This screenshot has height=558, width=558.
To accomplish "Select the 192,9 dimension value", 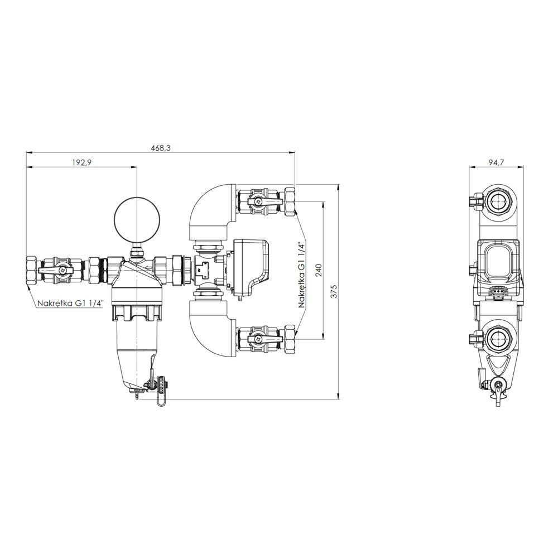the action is pyautogui.click(x=82, y=162).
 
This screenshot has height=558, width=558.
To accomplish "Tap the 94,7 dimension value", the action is pyautogui.click(x=497, y=162).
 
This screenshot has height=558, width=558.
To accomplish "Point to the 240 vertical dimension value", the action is pyautogui.click(x=318, y=271).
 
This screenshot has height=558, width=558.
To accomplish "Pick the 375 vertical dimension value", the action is pyautogui.click(x=333, y=291).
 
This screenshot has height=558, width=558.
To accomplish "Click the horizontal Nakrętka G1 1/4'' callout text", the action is pyautogui.click(x=70, y=304).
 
